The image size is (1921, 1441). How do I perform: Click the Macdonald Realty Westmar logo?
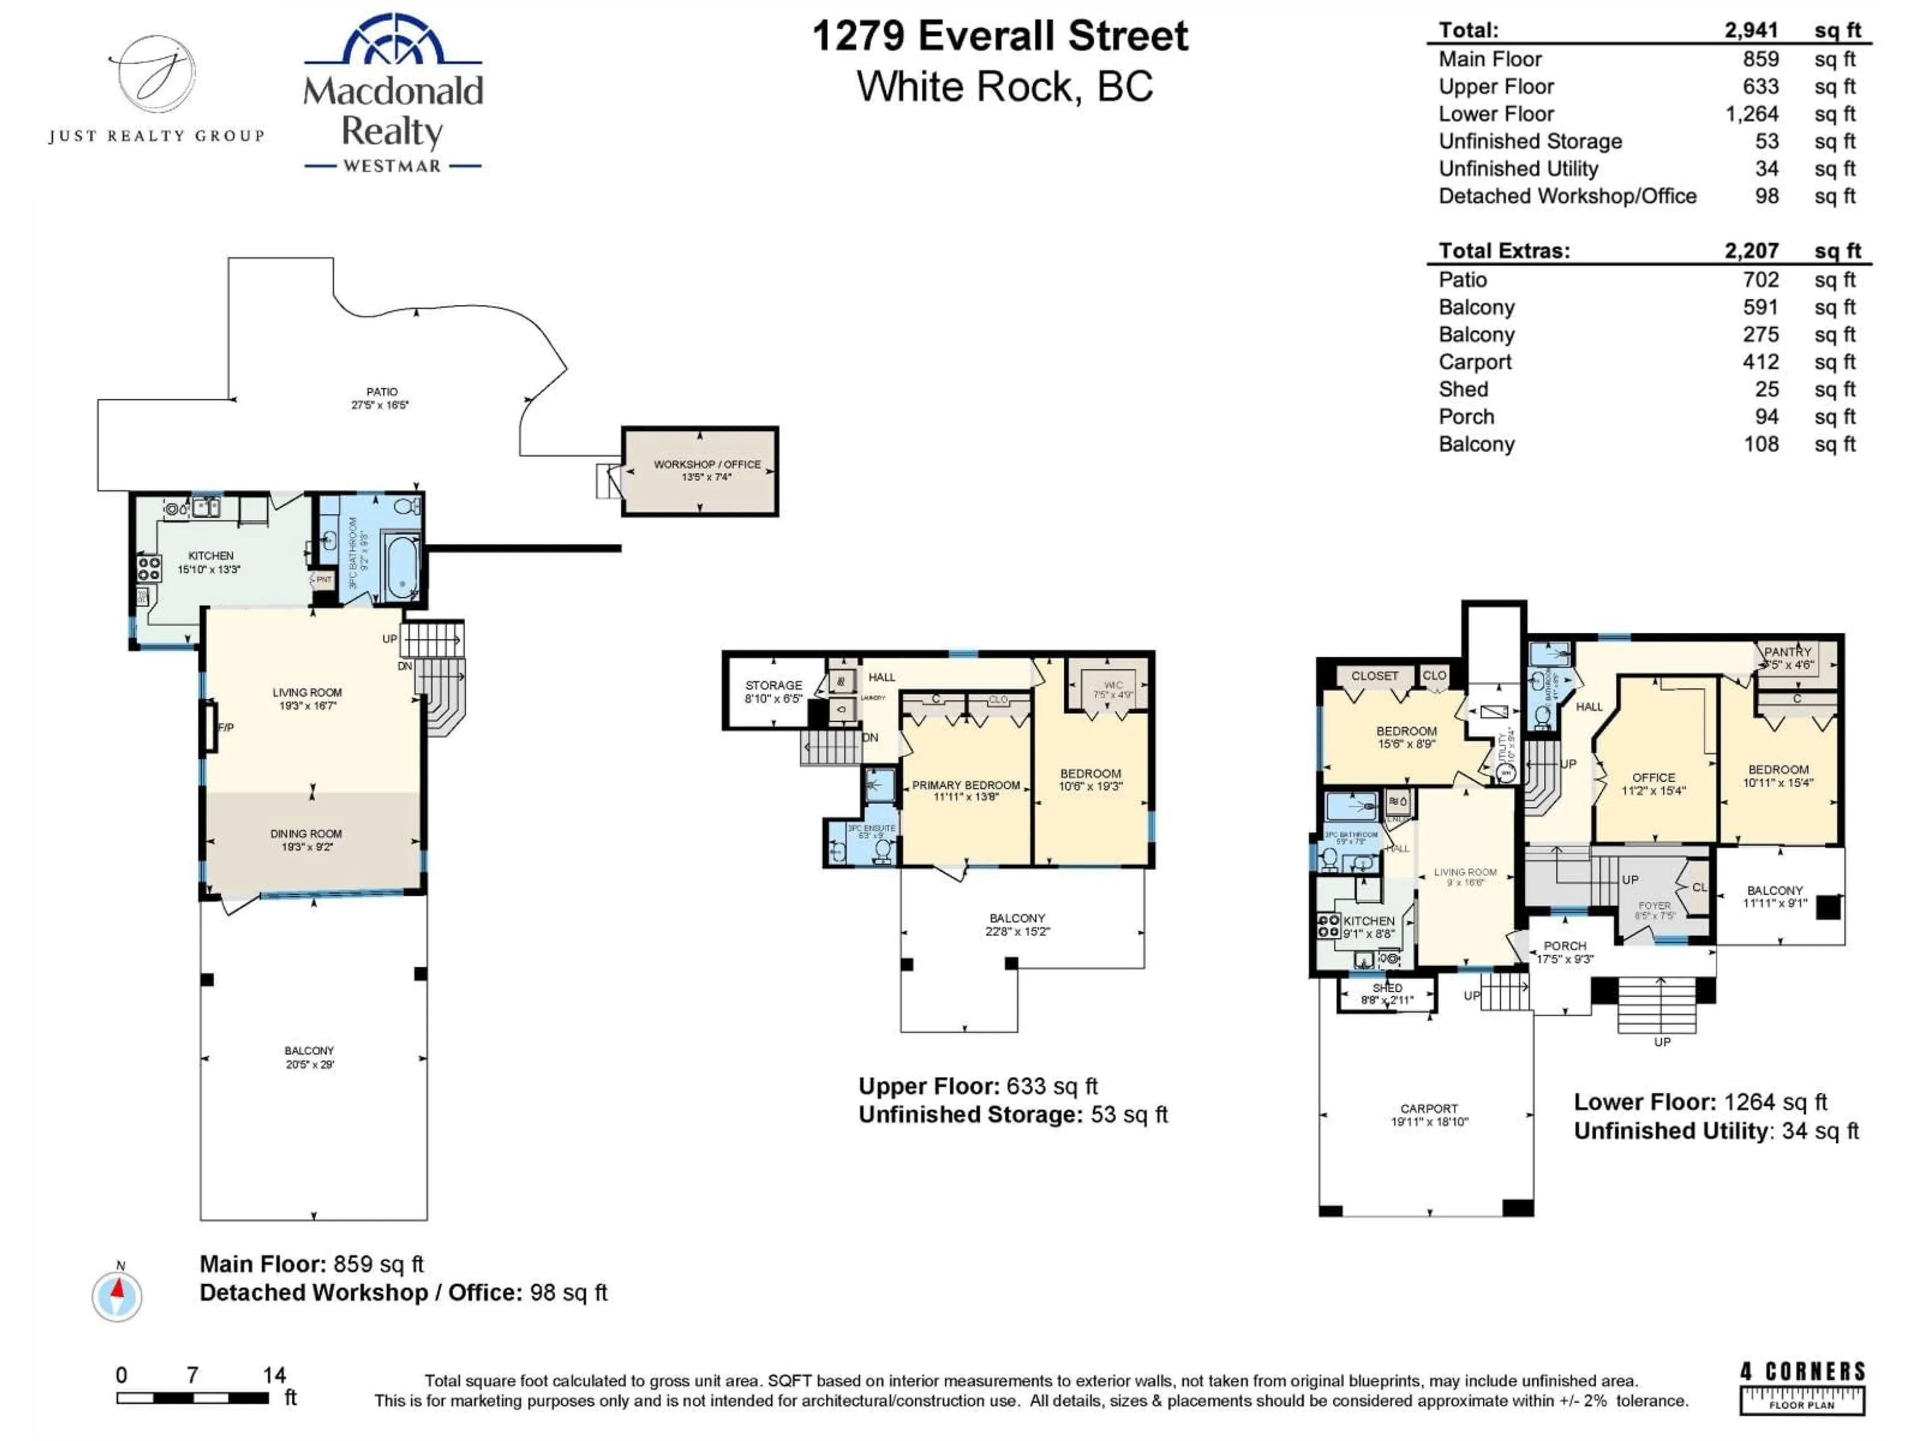pos(393,94)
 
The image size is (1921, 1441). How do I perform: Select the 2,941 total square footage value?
pos(1751,31)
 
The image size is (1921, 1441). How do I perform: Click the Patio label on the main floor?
pos(381,392)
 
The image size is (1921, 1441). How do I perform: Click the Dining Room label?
pos(306,834)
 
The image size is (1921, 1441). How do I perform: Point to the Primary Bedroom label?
pos(966,785)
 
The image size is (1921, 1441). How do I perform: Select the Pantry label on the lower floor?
pos(1787,651)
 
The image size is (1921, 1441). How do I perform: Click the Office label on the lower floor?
pos(1653,778)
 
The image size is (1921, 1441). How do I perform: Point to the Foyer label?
pos(1653,905)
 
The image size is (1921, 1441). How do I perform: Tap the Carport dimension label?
pos(1429,1121)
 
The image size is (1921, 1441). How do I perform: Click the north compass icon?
pos(117,1296)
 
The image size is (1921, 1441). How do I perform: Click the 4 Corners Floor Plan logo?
pos(1802,1387)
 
